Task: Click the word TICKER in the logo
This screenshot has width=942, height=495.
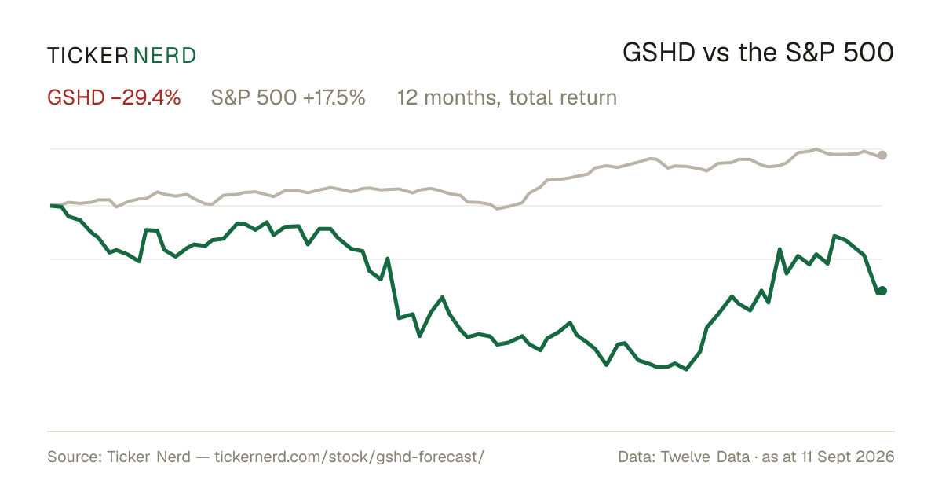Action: pos(87,56)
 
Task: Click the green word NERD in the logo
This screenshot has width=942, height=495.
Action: pos(164,56)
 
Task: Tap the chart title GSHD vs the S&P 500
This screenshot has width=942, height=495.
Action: pos(758,53)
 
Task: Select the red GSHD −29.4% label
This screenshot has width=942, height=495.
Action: pos(114,97)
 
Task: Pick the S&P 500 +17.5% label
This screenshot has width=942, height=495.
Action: pos(288,97)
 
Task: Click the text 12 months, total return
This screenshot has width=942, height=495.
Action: pos(507,97)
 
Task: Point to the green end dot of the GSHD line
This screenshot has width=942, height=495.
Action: pos(882,291)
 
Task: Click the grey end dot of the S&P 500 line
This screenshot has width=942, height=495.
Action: pos(882,155)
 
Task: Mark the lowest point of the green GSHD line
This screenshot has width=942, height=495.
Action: pos(686,369)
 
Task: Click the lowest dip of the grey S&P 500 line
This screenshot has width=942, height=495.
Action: pos(498,209)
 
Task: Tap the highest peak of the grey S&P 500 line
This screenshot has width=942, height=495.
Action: pos(816,149)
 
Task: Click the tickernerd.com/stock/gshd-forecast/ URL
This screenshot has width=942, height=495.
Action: pos(349,456)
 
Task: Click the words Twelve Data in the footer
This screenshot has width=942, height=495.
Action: pos(705,456)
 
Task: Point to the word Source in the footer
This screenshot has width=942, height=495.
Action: pos(75,456)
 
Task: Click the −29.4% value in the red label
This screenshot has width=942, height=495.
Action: pos(146,97)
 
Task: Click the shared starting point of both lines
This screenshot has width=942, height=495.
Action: pos(51,206)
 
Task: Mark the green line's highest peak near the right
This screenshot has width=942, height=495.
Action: pos(834,236)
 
